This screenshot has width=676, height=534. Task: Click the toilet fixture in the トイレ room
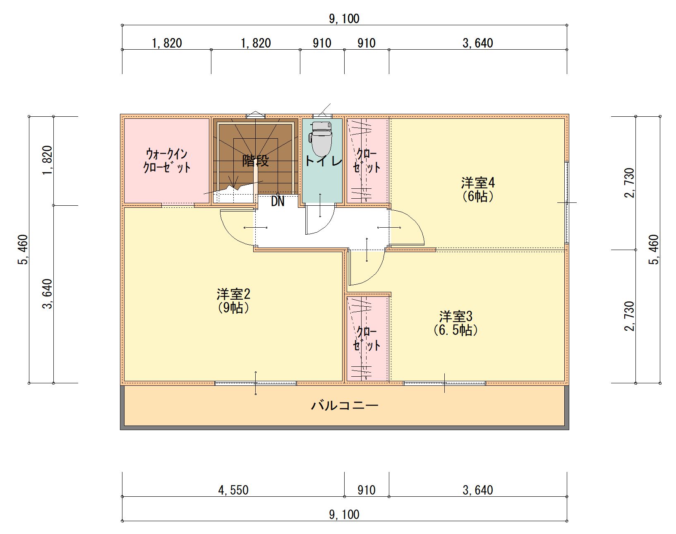tap(320, 138)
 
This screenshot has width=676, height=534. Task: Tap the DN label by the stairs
tap(278, 202)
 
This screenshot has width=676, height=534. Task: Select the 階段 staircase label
tap(255, 161)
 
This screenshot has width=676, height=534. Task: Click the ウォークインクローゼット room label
tap(167, 161)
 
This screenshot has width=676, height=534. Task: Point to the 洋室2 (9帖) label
tap(233, 301)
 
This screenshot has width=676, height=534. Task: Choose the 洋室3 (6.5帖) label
tap(456, 323)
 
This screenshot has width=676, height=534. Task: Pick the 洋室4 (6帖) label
tap(478, 190)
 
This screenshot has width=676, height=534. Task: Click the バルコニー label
tap(345, 405)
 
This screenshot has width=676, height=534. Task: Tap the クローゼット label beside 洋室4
tap(367, 161)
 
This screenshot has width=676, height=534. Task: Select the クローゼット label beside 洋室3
tap(367, 339)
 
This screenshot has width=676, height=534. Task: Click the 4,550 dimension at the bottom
tap(233, 490)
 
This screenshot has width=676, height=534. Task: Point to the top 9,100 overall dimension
tap(344, 19)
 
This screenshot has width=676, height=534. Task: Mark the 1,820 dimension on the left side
tap(47, 161)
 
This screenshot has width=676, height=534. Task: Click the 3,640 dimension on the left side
tap(47, 294)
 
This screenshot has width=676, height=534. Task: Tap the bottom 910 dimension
tap(367, 490)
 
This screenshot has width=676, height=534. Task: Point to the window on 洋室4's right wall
tap(567, 202)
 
